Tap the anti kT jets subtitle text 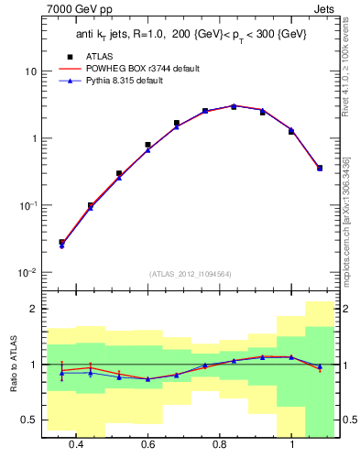click(191, 34)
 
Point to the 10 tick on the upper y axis click(30, 71)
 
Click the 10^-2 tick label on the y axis click(27, 273)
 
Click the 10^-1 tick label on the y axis click(27, 206)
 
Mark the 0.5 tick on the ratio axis click(29, 420)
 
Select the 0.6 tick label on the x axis click(147, 444)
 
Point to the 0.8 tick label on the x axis click(220, 444)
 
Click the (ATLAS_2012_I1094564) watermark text click(191, 273)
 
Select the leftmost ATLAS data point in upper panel click(61, 242)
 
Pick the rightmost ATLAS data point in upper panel click(319, 168)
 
